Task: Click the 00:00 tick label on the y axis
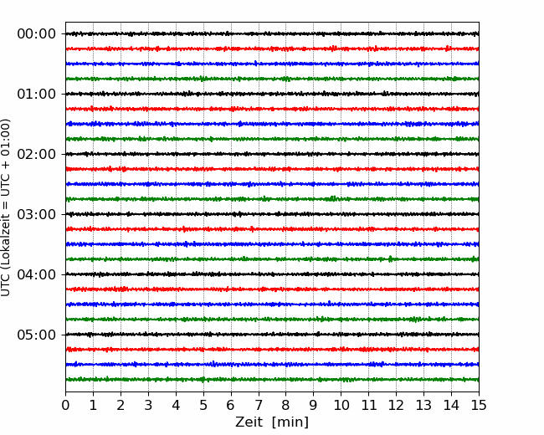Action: tap(37, 34)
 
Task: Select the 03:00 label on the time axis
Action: tap(37, 214)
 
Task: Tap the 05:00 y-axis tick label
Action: tap(37, 335)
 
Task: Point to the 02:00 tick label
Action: tap(37, 155)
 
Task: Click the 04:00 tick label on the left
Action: tap(37, 274)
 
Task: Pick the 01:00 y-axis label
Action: tap(37, 94)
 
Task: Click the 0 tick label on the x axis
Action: tap(65, 405)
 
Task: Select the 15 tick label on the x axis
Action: tap(479, 405)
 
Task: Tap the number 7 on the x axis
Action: tap(259, 405)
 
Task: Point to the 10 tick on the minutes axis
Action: tap(341, 405)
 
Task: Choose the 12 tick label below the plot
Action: tap(396, 405)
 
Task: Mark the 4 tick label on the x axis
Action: tap(176, 405)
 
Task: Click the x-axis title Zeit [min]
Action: tap(272, 422)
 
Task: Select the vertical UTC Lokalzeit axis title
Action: tap(6, 207)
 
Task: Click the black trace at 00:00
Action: tap(272, 33)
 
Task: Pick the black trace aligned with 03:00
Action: tap(272, 214)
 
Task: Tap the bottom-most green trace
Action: tap(272, 380)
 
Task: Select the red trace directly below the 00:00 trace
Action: tap(272, 49)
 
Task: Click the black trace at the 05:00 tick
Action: tap(272, 335)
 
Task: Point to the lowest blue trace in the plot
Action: tap(272, 364)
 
